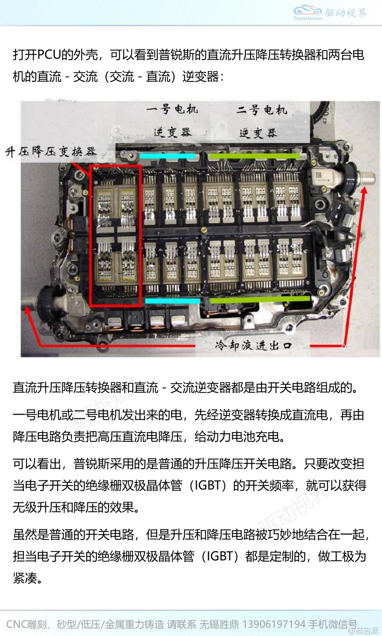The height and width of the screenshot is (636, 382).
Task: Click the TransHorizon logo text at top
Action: pos(308,19)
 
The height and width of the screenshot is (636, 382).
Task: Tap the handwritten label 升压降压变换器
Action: pos(51,152)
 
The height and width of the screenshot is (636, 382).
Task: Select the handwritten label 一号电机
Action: pos(172,109)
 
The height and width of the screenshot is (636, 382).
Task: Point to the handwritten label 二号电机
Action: pos(261,109)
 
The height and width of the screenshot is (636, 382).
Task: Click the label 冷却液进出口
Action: pos(253,346)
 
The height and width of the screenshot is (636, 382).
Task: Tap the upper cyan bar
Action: pos(167,156)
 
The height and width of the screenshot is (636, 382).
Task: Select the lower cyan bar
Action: pos(172,301)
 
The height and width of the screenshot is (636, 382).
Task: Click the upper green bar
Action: pos(254,156)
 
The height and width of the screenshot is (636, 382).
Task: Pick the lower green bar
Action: pos(260,299)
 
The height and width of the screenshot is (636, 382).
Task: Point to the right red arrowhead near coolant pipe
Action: pos(365,190)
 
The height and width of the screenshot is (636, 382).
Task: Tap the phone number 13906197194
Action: pos(274,624)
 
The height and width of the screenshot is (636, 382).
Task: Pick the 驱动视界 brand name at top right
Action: pos(346,12)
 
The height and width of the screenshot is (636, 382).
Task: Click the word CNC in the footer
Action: pos(17,624)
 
